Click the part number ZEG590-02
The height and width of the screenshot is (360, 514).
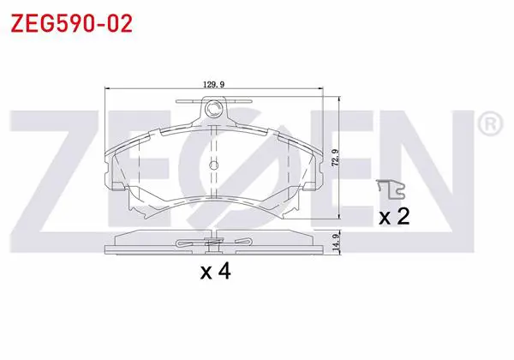tap(71, 24)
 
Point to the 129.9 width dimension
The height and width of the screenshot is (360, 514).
tap(213, 85)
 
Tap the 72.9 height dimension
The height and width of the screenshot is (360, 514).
tap(335, 158)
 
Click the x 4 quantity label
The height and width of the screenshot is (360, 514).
tap(216, 272)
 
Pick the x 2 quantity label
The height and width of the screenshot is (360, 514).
tap(394, 216)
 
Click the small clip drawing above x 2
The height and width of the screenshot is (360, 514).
tap(391, 189)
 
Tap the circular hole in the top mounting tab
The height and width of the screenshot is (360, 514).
tap(213, 108)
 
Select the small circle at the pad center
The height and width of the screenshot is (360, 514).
tap(213, 165)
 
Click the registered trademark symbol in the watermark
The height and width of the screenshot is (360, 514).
tap(490, 124)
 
